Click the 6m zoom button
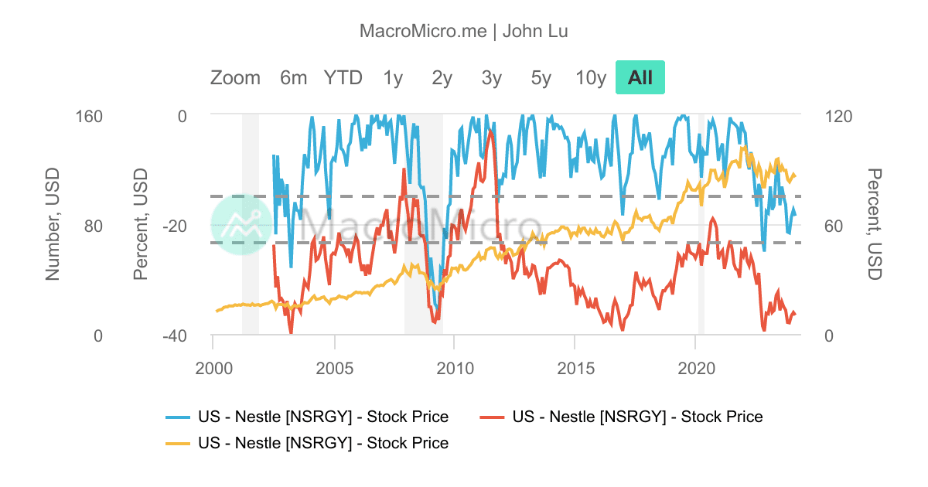point(294,78)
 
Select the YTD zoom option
point(343,78)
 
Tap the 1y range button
point(393,78)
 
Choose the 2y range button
point(442,78)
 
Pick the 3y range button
point(492,78)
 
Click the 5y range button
point(541,78)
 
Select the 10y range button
point(591,78)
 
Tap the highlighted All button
point(640,78)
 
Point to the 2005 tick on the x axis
point(333,366)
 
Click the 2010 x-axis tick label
point(454,366)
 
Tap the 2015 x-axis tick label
point(575,366)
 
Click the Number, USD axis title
point(53,225)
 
